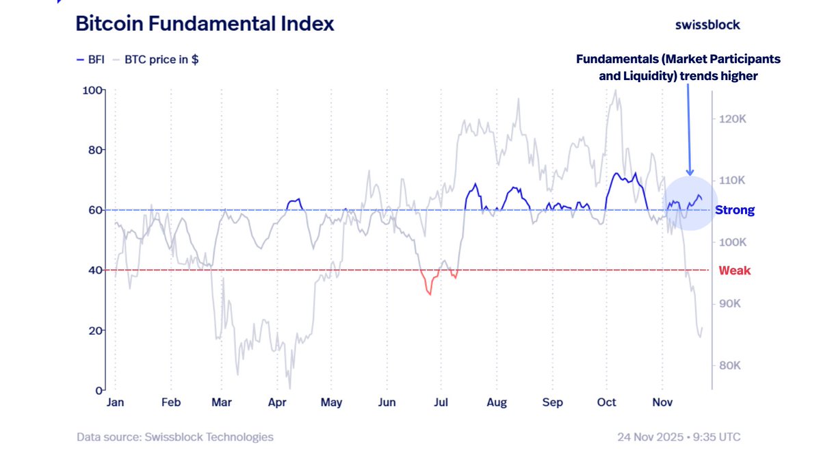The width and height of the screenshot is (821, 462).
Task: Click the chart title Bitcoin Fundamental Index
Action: tap(205, 24)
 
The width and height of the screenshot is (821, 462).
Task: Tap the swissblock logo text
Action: tap(707, 25)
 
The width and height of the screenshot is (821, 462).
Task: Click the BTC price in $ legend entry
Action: tap(161, 60)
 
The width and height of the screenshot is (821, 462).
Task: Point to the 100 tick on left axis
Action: tap(92, 90)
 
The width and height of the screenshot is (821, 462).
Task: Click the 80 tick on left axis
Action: tap(94, 150)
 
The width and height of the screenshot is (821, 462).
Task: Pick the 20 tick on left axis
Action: tap(94, 330)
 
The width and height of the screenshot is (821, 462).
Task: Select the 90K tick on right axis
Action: tap(731, 304)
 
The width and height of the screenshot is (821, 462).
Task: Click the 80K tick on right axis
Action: tap(731, 365)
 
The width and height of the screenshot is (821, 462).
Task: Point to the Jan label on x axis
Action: tap(115, 402)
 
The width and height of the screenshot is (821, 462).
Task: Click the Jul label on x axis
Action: tap(441, 402)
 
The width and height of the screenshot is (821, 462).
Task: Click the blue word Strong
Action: tap(735, 210)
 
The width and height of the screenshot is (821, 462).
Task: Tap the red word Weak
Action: tap(734, 270)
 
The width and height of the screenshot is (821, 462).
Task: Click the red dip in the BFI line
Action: tap(429, 291)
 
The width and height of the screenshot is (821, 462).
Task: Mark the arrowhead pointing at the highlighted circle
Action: tap(690, 172)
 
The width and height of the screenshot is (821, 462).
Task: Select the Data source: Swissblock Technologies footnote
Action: tap(174, 437)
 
